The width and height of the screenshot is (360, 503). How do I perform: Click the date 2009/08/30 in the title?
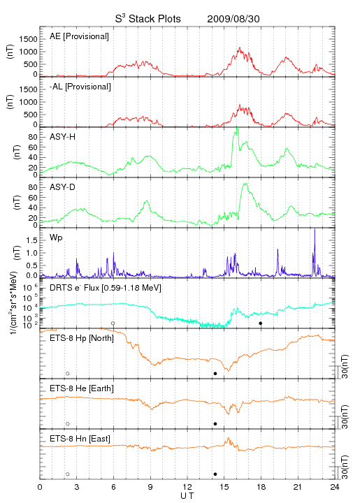point(233,19)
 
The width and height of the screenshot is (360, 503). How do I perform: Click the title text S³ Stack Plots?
point(148,19)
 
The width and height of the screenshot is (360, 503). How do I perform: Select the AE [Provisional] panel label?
point(79,36)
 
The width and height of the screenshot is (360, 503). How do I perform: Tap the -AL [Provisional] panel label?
point(80,87)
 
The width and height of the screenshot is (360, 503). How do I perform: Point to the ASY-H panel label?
point(63,137)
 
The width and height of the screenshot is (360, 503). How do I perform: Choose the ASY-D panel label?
point(63,187)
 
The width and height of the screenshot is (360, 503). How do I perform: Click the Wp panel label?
point(56,238)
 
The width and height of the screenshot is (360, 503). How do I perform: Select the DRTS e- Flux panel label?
point(106,288)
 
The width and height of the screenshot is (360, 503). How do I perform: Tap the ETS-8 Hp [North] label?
point(82,338)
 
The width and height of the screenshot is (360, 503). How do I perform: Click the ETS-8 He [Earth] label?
point(82,388)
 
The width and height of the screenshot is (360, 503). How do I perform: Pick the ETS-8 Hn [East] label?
point(80,439)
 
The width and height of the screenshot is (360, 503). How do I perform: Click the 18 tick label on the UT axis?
point(261,487)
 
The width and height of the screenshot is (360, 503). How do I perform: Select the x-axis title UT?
point(187,496)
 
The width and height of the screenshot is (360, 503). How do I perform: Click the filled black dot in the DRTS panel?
point(261,323)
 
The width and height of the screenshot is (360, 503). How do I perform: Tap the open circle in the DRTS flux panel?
point(113,323)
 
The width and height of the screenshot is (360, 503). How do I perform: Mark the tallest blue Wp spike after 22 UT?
point(315,229)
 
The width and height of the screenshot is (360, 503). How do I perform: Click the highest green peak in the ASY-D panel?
point(245,184)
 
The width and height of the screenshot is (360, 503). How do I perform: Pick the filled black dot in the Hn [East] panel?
point(215,474)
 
